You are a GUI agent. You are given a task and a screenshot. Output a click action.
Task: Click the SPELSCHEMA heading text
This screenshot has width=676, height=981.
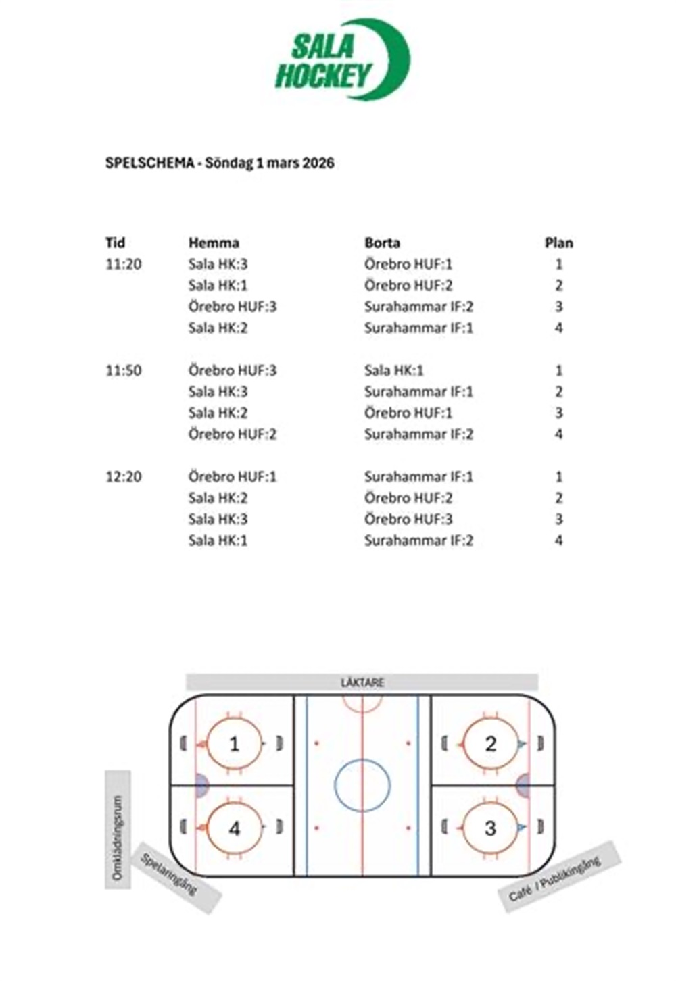(x=220, y=163)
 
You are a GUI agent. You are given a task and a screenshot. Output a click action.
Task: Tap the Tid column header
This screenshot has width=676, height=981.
(x=116, y=243)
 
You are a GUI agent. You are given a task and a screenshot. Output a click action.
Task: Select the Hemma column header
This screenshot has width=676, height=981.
(x=214, y=243)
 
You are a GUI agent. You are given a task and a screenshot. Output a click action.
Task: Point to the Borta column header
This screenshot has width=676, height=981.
(x=382, y=243)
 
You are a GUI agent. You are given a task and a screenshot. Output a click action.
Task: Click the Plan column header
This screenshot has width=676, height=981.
(x=558, y=243)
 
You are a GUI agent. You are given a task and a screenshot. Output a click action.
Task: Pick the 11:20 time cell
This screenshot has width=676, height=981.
(x=124, y=264)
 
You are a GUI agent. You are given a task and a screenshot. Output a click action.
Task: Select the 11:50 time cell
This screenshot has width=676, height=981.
(x=124, y=370)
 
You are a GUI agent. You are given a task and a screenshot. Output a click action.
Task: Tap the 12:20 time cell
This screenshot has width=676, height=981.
(x=124, y=476)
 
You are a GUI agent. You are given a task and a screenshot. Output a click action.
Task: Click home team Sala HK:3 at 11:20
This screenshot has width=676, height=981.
(x=218, y=264)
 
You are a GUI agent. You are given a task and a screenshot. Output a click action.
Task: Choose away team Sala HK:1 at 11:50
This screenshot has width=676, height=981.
(x=393, y=370)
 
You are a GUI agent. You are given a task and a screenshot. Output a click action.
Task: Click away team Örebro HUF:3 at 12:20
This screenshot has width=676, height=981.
(x=408, y=519)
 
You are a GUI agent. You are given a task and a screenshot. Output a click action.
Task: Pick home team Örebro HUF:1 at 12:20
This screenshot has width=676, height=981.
(x=233, y=476)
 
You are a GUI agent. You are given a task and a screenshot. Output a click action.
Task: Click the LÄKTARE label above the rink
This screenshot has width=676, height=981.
(x=362, y=682)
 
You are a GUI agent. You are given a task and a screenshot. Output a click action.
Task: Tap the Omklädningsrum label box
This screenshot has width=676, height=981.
(x=118, y=829)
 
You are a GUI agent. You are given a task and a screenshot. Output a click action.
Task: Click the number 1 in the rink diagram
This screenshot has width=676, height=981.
(x=234, y=744)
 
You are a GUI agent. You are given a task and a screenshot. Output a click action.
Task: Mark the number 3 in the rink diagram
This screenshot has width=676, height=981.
(x=491, y=828)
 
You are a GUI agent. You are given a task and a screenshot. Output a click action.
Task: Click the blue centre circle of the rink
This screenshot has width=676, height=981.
(x=362, y=786)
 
